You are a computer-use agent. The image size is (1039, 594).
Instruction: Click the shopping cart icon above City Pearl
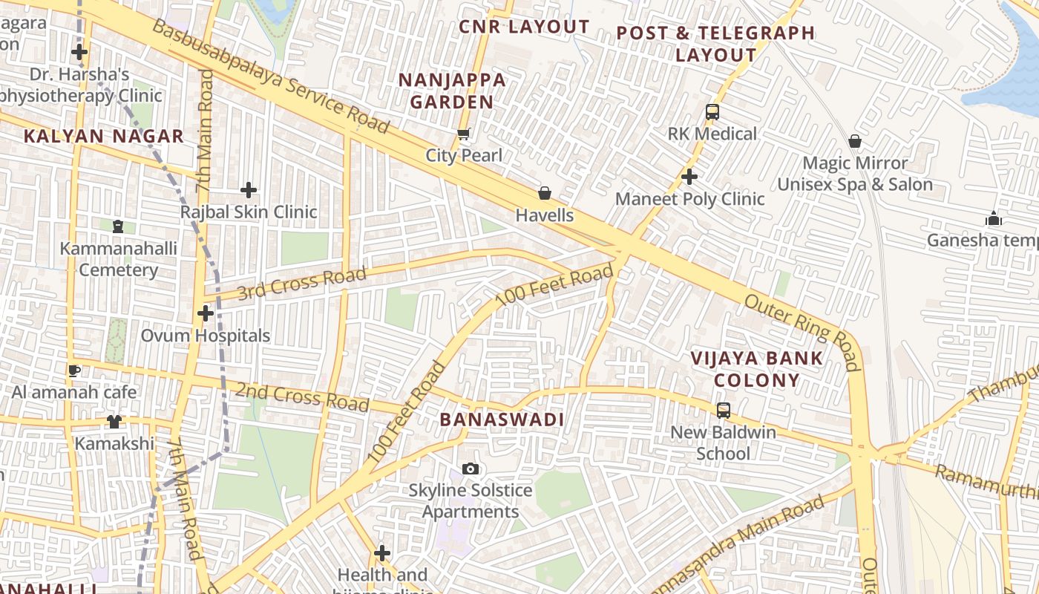pos(464,134)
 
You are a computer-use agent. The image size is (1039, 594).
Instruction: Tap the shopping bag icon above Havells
pos(545,194)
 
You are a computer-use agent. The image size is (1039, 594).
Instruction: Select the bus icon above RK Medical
pos(712,112)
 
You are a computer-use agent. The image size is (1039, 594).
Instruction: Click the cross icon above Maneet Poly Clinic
pos(689,177)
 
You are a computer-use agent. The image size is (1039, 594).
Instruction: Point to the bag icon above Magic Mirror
pos(855,141)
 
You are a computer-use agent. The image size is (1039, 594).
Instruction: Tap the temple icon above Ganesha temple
pos(993,218)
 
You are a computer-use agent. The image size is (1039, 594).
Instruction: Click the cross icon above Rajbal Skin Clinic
pos(249,190)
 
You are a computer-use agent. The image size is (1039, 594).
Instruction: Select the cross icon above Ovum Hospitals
pos(206,313)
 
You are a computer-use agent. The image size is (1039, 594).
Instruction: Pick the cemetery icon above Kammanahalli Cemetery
pos(118,226)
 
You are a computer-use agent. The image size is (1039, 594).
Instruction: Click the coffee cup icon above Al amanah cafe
pos(73,370)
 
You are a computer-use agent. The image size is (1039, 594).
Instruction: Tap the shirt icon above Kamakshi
pos(114,422)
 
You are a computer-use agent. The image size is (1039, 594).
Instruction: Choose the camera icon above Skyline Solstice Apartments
pos(471,469)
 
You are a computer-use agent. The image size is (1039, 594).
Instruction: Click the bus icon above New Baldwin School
pos(723,410)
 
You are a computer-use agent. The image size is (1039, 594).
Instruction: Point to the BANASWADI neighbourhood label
pos(502,420)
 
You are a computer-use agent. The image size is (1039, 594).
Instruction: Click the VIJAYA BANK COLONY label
pos(756,369)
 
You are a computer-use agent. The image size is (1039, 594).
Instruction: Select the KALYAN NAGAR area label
pos(103,136)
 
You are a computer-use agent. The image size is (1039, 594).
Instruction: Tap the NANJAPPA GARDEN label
pos(452,91)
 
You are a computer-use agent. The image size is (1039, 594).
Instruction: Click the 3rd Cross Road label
pos(302,283)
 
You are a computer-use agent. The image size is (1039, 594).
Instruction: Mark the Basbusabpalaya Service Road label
pos(271,76)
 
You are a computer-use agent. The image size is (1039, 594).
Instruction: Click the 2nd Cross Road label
pos(302,396)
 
